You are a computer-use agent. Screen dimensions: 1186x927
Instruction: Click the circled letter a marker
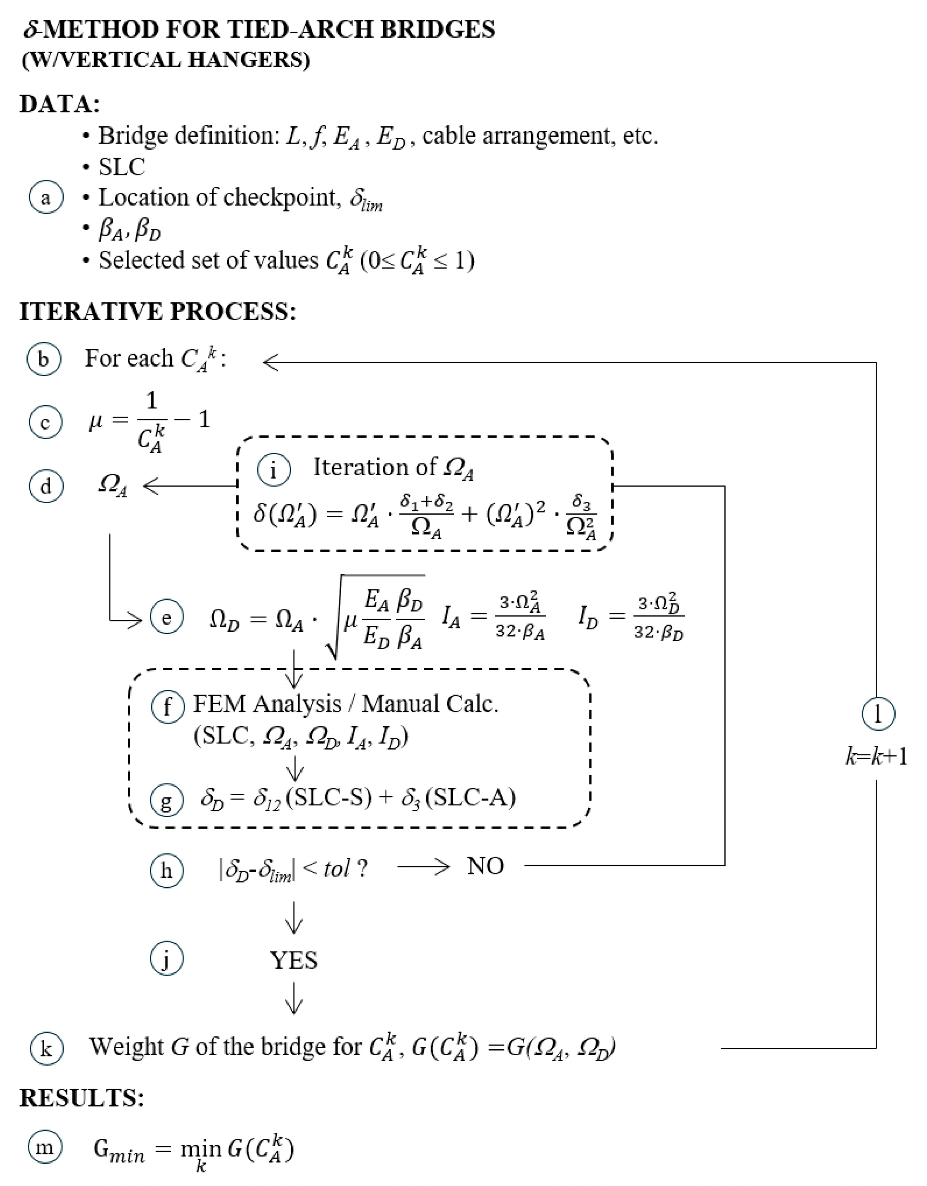46,197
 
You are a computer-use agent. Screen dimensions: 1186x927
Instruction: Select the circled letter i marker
274,469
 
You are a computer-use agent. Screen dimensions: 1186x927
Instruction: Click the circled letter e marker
167,618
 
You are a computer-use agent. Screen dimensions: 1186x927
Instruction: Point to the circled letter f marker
167,707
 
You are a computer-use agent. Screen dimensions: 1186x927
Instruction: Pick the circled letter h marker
167,871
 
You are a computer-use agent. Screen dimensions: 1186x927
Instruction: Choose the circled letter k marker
46,1049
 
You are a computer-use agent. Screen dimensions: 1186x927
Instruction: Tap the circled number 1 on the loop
878,714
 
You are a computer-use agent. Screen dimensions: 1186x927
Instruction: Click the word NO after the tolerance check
485,867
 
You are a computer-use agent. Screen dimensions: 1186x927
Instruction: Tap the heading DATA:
60,104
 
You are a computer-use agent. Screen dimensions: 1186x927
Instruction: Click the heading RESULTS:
82,1098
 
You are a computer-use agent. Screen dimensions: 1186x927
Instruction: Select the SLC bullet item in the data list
122,167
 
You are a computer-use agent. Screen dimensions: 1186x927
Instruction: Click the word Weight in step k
126,1047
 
